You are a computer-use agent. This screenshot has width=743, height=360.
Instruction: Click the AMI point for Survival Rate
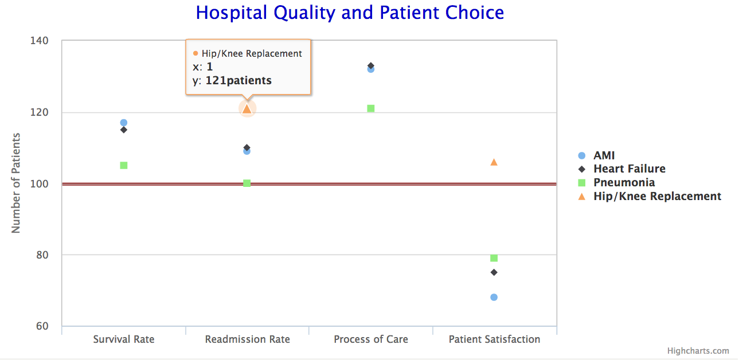click(x=123, y=123)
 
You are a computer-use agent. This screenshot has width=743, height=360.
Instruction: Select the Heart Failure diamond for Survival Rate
click(x=123, y=130)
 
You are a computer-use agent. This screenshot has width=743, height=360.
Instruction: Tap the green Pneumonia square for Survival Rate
click(x=123, y=165)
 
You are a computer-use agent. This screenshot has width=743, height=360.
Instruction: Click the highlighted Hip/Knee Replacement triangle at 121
click(x=247, y=109)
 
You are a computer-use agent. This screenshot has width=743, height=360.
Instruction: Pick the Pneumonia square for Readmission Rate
click(x=247, y=183)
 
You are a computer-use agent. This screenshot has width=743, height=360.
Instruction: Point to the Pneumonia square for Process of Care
click(x=371, y=108)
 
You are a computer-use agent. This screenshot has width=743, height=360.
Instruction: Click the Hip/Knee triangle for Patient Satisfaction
click(x=494, y=162)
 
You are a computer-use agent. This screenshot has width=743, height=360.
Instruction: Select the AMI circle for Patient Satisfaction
click(x=494, y=297)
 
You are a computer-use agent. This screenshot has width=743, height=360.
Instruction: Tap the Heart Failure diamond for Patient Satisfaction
click(x=494, y=272)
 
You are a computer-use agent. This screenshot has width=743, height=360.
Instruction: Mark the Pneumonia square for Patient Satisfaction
click(x=494, y=258)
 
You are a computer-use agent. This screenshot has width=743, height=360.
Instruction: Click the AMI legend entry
click(x=604, y=155)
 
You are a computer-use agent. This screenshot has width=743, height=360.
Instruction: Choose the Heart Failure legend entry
click(x=629, y=169)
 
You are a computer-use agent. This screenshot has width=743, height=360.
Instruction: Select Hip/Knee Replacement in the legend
click(x=656, y=196)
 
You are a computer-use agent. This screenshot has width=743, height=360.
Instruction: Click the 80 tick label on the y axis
click(x=42, y=255)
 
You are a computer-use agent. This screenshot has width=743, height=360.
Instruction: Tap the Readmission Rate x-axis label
click(x=247, y=339)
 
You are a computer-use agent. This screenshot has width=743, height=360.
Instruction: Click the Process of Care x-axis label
click(x=371, y=339)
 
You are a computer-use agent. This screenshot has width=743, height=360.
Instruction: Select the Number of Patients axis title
click(x=16, y=183)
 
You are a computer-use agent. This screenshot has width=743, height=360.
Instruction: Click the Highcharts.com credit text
click(x=698, y=351)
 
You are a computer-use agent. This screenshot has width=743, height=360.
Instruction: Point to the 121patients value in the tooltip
click(x=238, y=81)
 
